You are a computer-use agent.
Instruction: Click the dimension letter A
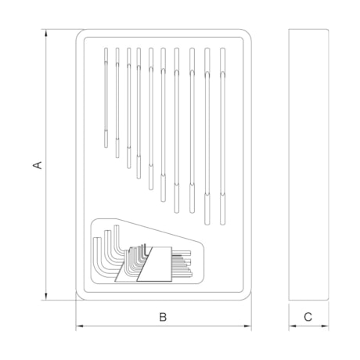pyautogui.click(x=36, y=165)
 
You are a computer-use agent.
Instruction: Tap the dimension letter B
pyautogui.click(x=163, y=317)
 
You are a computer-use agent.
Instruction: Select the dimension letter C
pyautogui.click(x=308, y=317)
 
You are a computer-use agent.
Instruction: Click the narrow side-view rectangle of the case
pyautogui.click(x=308, y=165)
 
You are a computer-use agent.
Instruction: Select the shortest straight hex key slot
pyautogui.click(x=105, y=98)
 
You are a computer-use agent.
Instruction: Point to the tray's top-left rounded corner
pyautogui.click(x=83, y=37)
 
